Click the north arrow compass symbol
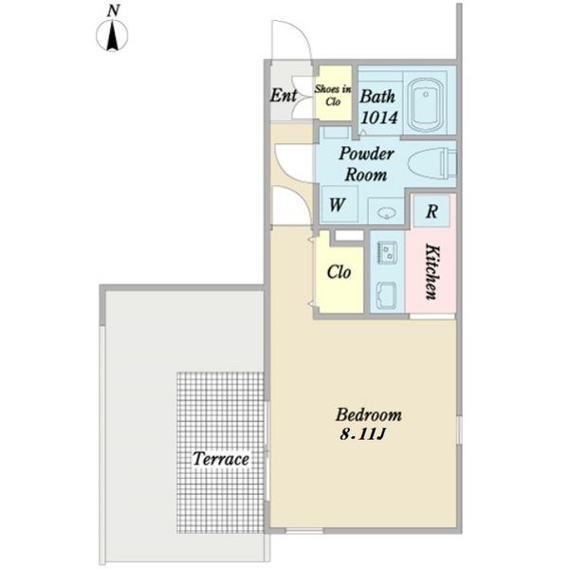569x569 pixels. click(112, 36)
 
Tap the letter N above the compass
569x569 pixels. click(113, 10)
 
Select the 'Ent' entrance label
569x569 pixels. click(284, 95)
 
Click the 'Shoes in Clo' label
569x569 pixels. click(333, 95)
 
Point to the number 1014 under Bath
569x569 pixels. click(379, 118)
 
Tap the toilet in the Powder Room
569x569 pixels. click(432, 164)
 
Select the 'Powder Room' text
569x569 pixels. click(366, 164)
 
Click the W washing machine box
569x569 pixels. click(340, 205)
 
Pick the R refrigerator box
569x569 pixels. click(431, 211)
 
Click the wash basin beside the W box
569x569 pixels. click(385, 212)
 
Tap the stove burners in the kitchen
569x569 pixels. click(387, 252)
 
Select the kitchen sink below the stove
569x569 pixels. click(387, 296)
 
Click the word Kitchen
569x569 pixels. click(431, 272)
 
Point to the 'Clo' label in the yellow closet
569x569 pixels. click(339, 272)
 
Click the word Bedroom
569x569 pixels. click(368, 414)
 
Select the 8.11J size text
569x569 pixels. click(362, 434)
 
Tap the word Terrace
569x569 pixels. click(221, 459)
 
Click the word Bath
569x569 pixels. click(377, 97)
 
